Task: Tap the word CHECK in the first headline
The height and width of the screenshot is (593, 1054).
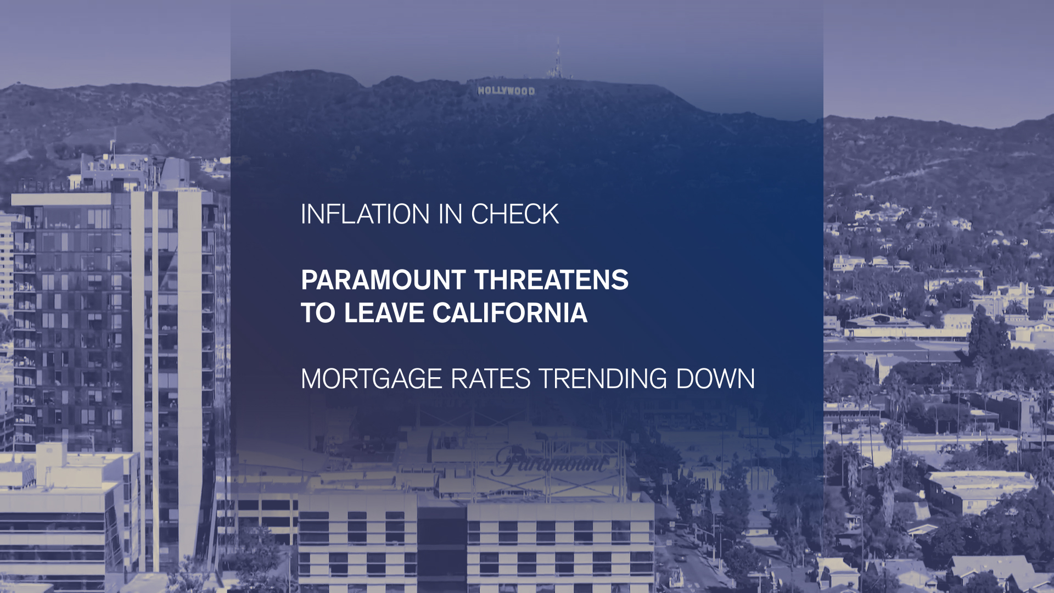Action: pyautogui.click(x=515, y=214)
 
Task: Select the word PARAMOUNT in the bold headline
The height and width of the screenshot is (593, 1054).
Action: pyautogui.click(x=383, y=280)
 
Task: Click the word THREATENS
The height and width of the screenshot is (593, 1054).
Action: pyautogui.click(x=552, y=280)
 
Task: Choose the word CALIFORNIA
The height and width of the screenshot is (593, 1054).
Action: pyautogui.click(x=510, y=313)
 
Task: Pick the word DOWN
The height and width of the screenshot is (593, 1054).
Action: pyautogui.click(x=715, y=379)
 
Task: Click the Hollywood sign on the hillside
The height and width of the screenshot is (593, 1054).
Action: pyautogui.click(x=506, y=91)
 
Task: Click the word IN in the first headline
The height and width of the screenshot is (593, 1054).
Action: pyautogui.click(x=450, y=214)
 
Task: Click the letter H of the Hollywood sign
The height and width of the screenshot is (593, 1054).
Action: pyautogui.click(x=481, y=91)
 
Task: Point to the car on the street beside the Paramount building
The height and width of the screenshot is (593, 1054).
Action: pyautogui.click(x=681, y=557)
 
